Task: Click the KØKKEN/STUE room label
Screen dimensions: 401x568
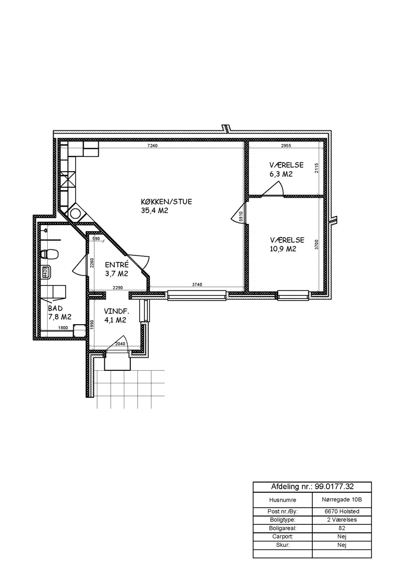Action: [166, 201]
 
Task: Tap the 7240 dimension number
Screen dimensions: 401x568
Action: [153, 146]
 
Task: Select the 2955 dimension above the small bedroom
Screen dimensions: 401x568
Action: [286, 146]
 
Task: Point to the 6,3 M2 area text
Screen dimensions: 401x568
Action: [281, 174]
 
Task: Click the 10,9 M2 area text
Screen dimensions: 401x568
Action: [283, 249]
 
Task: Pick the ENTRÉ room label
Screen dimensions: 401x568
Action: [116, 265]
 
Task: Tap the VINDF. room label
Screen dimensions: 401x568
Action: [116, 311]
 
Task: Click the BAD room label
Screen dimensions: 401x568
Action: [55, 308]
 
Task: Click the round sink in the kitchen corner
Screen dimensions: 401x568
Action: [76, 213]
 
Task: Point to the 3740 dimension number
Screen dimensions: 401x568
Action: [197, 285]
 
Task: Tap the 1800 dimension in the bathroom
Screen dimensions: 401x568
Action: [63, 328]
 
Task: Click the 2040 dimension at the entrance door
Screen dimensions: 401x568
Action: [120, 344]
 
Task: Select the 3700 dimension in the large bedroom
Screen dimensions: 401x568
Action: [316, 244]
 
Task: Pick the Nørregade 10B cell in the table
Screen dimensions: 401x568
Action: [342, 500]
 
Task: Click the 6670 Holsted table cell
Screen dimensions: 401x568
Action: [342, 511]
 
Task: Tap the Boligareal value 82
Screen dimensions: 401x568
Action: [342, 528]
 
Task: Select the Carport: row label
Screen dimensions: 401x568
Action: [283, 536]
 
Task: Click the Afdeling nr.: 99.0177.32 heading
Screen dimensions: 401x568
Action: [312, 487]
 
